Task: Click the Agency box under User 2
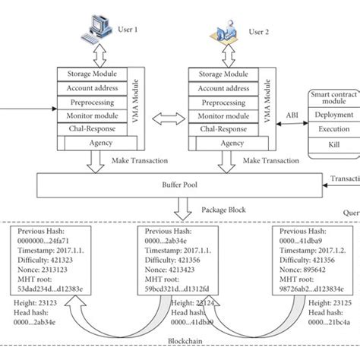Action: [218, 143]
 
